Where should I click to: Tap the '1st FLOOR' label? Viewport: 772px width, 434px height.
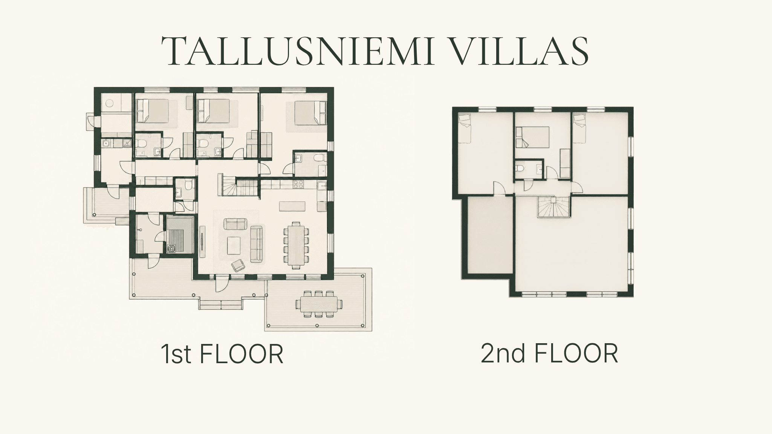pyautogui.click(x=222, y=354)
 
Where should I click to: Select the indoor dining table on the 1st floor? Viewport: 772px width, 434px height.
pyautogui.click(x=296, y=245)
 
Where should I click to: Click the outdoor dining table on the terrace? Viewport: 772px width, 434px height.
pyautogui.click(x=319, y=303)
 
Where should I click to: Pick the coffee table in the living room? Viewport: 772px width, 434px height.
pyautogui.click(x=234, y=246)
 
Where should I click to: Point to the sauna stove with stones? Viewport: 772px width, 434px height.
pyautogui.click(x=171, y=249)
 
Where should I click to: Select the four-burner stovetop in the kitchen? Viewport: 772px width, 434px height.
pyautogui.click(x=298, y=184)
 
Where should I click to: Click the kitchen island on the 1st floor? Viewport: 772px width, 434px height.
pyautogui.click(x=292, y=206)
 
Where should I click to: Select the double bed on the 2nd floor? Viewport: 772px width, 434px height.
pyautogui.click(x=532, y=137)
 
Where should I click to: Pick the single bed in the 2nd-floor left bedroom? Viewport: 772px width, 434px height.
pyautogui.click(x=465, y=129)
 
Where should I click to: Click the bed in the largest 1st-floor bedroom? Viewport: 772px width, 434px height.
pyautogui.click(x=310, y=113)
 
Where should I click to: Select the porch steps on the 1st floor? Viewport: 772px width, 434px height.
pyautogui.click(x=221, y=304)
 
